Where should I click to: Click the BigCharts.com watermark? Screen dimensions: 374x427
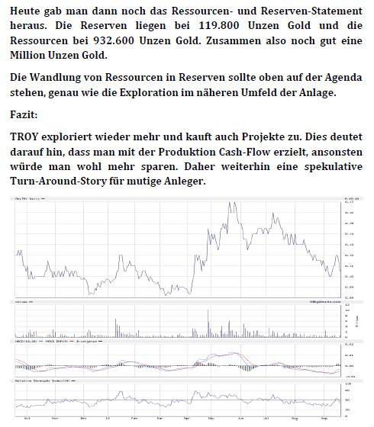tap(321, 302)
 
